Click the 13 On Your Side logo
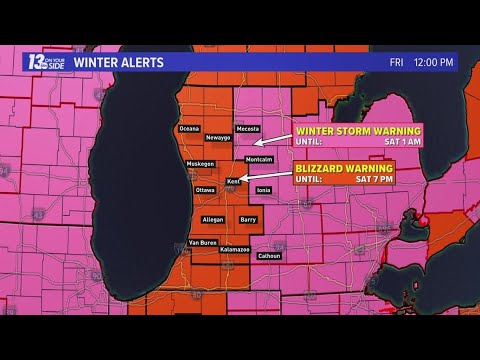pyautogui.click(x=41, y=62)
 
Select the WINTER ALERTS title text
pyautogui.click(x=116, y=62)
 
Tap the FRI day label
pyautogui.click(x=398, y=62)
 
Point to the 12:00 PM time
pyautogui.click(x=435, y=62)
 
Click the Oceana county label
pyautogui.click(x=189, y=129)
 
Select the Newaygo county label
pyautogui.click(x=219, y=137)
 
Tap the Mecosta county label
pyautogui.click(x=248, y=129)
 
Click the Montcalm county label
pyautogui.click(x=258, y=160)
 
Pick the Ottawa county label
pyautogui.click(x=205, y=189)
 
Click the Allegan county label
pyautogui.click(x=213, y=218)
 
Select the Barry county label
pyautogui.click(x=248, y=218)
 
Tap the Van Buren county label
pyautogui.click(x=202, y=243)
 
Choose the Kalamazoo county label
pyautogui.click(x=237, y=247)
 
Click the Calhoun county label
pyautogui.click(x=269, y=255)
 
